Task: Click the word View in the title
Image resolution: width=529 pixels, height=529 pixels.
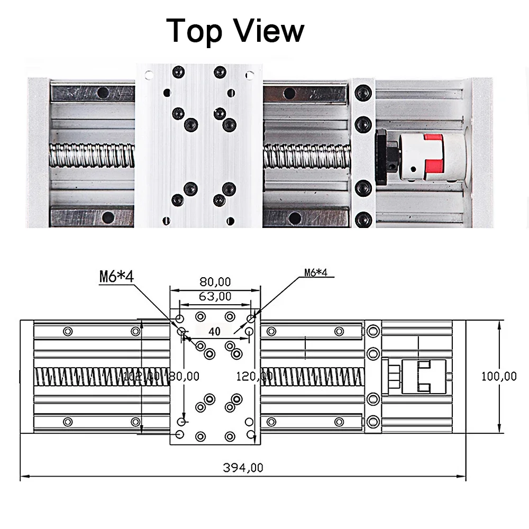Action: [270, 31]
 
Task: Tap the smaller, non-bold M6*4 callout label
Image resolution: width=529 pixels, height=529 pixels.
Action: [316, 273]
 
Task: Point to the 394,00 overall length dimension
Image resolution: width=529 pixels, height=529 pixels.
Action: [242, 468]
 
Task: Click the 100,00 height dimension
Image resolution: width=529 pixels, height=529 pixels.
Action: [499, 376]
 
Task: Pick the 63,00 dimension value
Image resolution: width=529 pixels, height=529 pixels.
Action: [214, 296]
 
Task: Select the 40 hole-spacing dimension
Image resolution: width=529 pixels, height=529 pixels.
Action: [214, 332]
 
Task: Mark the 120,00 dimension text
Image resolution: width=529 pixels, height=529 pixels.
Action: [253, 376]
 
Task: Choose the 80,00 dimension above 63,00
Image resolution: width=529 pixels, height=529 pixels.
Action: [214, 281]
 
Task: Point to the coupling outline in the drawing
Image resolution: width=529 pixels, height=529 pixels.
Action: [423, 377]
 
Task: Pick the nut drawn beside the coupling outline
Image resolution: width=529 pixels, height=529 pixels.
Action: [392, 377]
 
